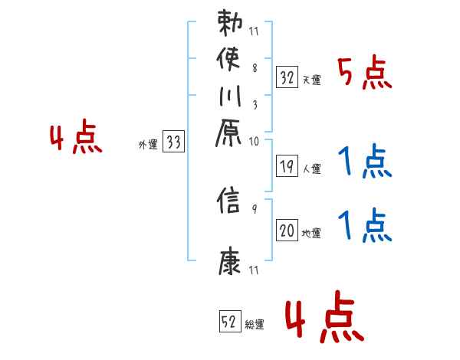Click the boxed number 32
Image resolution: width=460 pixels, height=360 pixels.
point(287,77)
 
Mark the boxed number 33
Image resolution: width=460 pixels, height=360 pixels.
point(174,142)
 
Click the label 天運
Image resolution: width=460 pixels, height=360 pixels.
point(312,80)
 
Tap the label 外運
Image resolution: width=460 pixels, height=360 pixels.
point(147,144)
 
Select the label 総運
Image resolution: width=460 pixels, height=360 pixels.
point(255,325)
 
